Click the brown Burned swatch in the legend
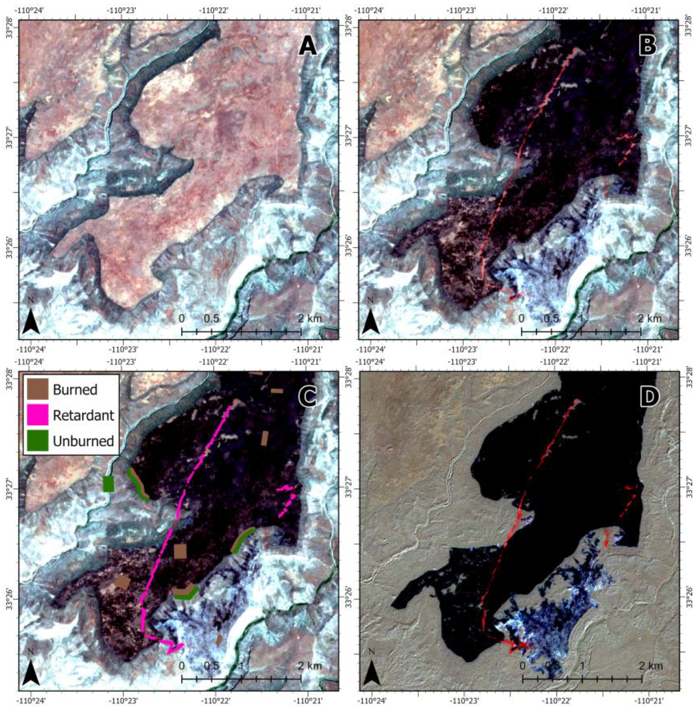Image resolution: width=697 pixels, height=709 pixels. click(38, 389)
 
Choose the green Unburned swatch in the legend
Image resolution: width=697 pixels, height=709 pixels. click(38, 441)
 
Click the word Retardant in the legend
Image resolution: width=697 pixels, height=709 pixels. click(83, 415)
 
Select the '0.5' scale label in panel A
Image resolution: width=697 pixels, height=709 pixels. click(212, 318)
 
